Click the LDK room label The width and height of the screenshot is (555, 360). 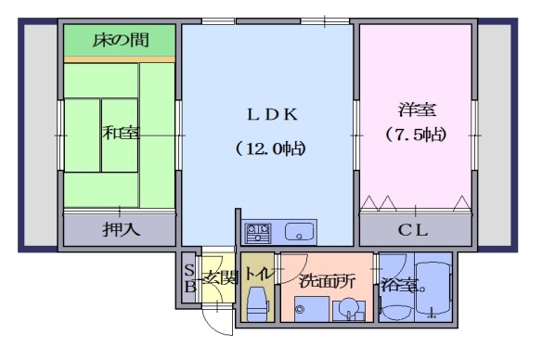(x=270, y=115)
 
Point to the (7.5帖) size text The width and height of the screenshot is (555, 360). (x=415, y=135)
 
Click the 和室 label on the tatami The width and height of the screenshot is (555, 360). (x=121, y=133)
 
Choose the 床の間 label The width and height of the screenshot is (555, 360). (x=120, y=40)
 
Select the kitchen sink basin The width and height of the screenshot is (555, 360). (x=300, y=231)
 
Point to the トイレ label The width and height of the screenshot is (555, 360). (x=258, y=276)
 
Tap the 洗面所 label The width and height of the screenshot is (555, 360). (x=326, y=279)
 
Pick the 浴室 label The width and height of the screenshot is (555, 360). (x=396, y=283)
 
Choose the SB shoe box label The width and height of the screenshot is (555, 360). (x=188, y=277)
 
